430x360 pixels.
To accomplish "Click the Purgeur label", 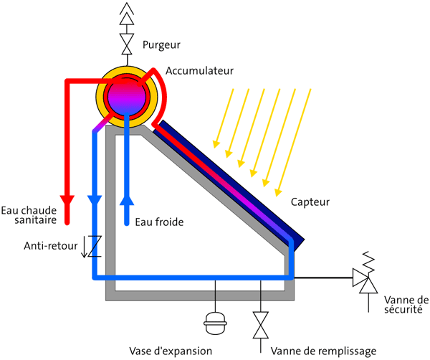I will (161, 45).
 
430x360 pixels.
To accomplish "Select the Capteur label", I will (310, 203).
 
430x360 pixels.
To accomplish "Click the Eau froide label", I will (159, 222).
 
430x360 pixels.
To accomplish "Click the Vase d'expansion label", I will (171, 351).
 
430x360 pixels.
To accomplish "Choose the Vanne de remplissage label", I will (322, 351).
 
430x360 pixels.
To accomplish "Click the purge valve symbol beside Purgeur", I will (128, 44).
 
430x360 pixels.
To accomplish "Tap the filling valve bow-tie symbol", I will (260, 326).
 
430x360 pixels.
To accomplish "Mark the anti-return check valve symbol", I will (93, 245).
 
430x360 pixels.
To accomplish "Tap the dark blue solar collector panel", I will (236, 183).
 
